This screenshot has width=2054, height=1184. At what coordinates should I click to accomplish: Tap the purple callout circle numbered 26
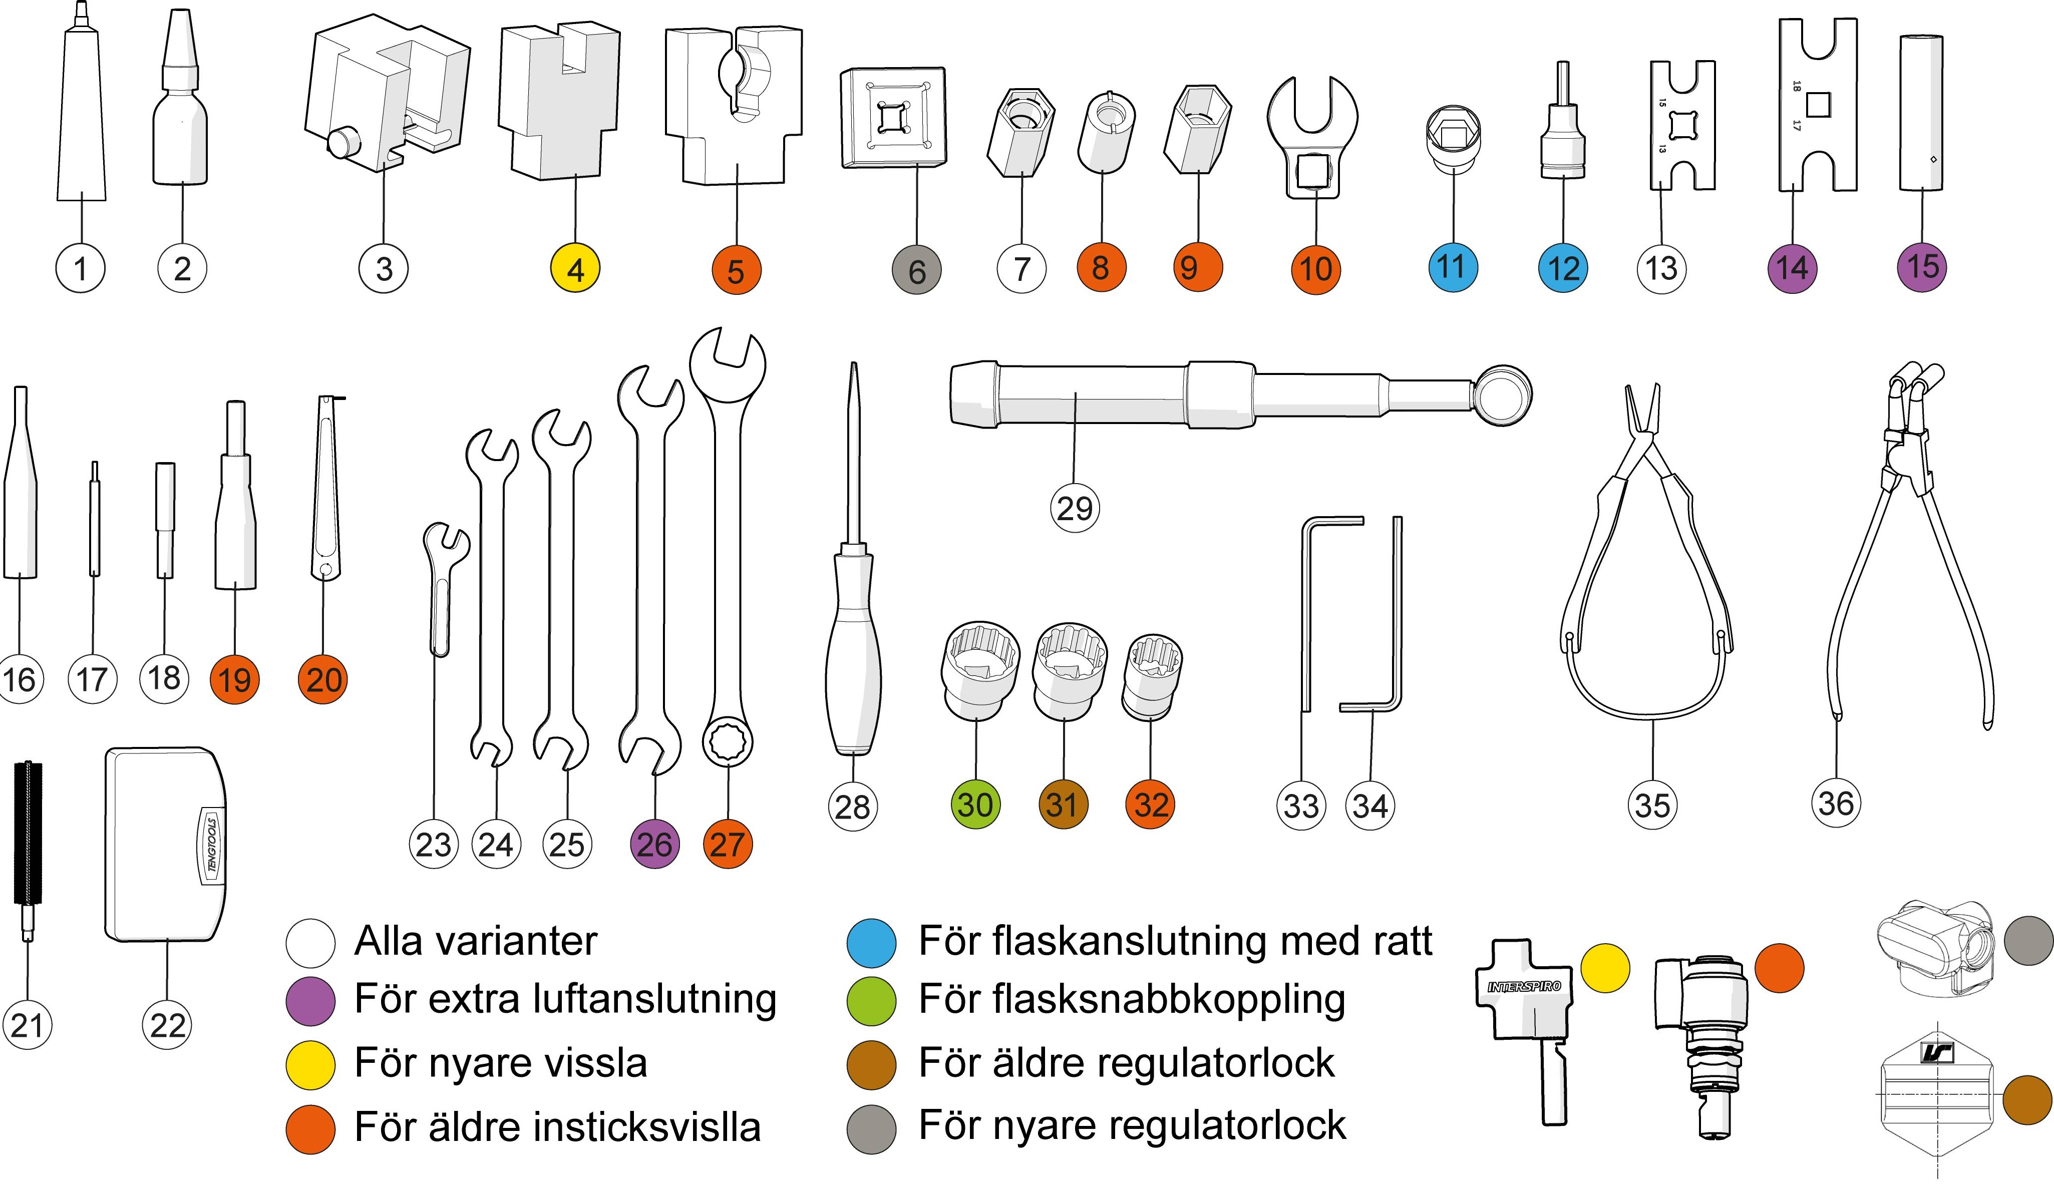point(654,844)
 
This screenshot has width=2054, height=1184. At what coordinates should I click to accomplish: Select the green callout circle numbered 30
point(975,804)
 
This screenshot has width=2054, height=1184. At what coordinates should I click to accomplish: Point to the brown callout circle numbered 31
point(1063,804)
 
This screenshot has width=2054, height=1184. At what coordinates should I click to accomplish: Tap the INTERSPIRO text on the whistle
point(1524,986)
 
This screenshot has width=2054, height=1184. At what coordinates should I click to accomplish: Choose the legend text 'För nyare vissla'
point(501,1063)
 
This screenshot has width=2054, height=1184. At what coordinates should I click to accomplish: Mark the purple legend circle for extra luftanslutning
point(310,1001)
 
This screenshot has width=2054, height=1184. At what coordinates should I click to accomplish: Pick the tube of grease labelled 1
point(81,122)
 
